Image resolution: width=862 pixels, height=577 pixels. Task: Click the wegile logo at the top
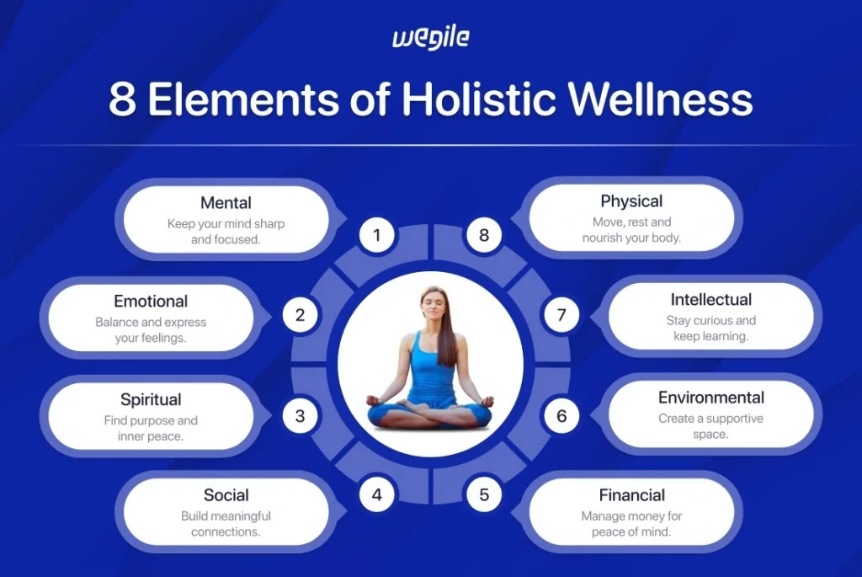click(x=430, y=39)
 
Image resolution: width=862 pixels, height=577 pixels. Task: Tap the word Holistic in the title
click(x=480, y=99)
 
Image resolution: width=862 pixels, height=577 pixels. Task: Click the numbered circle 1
click(x=377, y=235)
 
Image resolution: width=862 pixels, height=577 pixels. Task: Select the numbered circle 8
click(x=483, y=235)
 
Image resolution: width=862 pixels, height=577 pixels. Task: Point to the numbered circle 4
click(x=377, y=495)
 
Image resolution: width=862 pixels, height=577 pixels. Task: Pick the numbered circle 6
click(x=561, y=415)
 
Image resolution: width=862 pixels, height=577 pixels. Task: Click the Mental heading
click(x=226, y=203)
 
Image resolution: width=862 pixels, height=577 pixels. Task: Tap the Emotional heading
click(x=151, y=302)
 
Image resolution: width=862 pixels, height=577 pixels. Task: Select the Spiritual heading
click(x=151, y=399)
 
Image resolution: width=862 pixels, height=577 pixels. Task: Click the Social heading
click(x=226, y=495)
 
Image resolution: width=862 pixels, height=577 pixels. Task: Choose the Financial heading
click(x=631, y=495)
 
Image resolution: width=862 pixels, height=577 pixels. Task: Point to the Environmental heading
click(x=710, y=398)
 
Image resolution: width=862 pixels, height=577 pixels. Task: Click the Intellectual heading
click(x=710, y=300)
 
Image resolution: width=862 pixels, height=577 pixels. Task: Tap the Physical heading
click(x=631, y=201)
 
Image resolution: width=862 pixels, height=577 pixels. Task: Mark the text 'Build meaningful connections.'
click(x=226, y=524)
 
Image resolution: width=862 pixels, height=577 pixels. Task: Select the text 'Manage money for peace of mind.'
click(x=631, y=524)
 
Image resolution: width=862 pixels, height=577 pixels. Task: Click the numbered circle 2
click(x=300, y=317)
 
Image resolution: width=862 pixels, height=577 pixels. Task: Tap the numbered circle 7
click(x=561, y=317)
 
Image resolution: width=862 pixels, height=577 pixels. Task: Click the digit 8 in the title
click(x=123, y=99)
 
